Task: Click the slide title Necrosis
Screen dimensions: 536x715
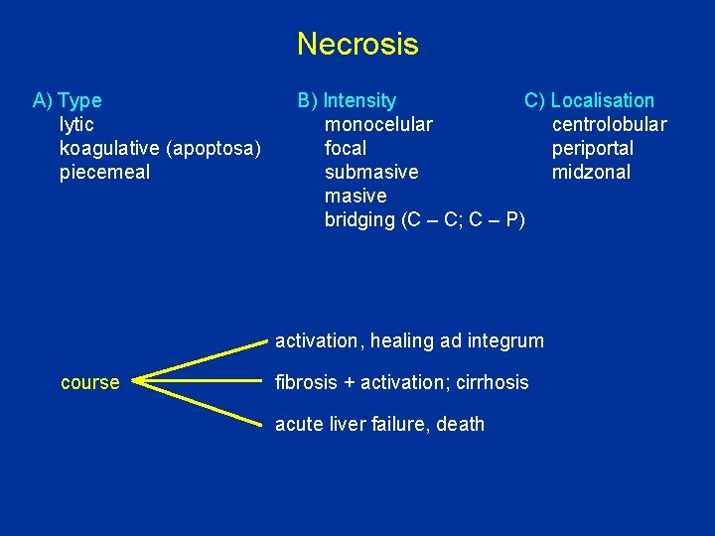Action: pyautogui.click(x=357, y=45)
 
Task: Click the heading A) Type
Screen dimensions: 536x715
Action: pyautogui.click(x=68, y=100)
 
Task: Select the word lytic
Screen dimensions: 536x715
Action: pyautogui.click(x=77, y=124)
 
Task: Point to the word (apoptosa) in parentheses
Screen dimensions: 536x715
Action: pyautogui.click(x=214, y=148)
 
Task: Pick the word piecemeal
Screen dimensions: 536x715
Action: pyautogui.click(x=105, y=172)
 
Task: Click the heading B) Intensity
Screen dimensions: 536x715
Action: pyautogui.click(x=347, y=100)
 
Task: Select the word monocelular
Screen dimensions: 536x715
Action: pyautogui.click(x=378, y=124)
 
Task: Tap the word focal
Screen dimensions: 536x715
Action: pyautogui.click(x=346, y=148)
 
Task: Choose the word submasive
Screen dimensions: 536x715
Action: pyautogui.click(x=371, y=172)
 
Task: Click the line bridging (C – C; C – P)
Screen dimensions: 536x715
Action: pyautogui.click(x=425, y=219)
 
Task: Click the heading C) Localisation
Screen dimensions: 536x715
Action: pyautogui.click(x=590, y=100)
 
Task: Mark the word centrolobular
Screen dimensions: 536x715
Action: pyautogui.click(x=609, y=124)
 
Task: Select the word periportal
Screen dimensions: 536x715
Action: pyautogui.click(x=593, y=148)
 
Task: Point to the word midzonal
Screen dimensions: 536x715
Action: pyautogui.click(x=591, y=172)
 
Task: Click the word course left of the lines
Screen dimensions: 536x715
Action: pyautogui.click(x=90, y=382)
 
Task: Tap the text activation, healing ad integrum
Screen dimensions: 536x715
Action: pyautogui.click(x=409, y=340)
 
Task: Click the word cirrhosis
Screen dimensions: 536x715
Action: pyautogui.click(x=493, y=382)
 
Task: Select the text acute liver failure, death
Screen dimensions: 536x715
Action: pyautogui.click(x=379, y=424)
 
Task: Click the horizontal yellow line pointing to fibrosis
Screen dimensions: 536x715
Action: pyautogui.click(x=199, y=380)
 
